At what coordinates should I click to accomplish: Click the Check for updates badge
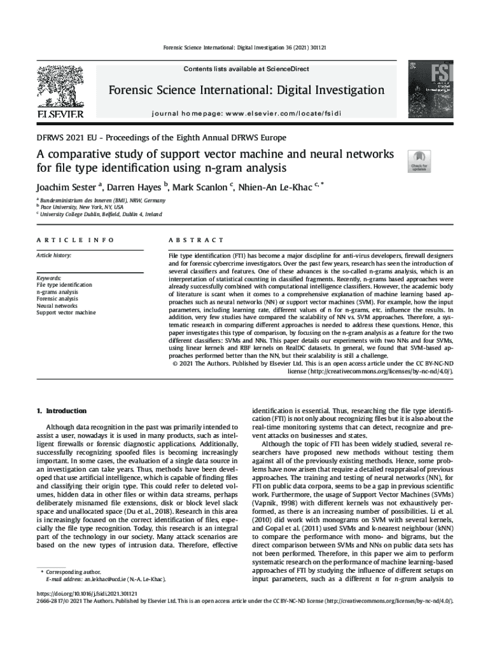[x=417, y=161]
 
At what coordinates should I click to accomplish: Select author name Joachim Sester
[x=66, y=188]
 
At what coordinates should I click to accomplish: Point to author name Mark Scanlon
[x=202, y=188]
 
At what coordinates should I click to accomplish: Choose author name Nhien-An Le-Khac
[x=278, y=188]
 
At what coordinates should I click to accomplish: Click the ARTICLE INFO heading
[x=75, y=240]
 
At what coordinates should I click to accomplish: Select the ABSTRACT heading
[x=195, y=240]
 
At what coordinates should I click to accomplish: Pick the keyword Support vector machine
[x=66, y=312]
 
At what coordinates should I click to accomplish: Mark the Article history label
[x=53, y=256]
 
